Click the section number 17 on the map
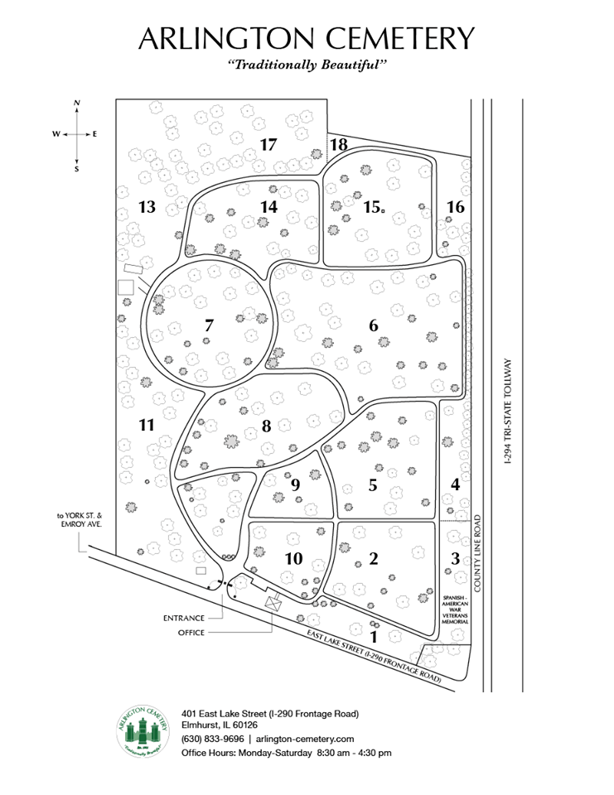click(268, 144)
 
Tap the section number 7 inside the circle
click(209, 325)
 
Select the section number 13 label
click(147, 207)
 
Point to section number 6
click(374, 325)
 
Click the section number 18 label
click(338, 144)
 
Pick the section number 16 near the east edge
click(455, 207)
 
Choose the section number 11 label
click(147, 425)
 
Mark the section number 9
click(295, 485)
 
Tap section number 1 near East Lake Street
click(374, 637)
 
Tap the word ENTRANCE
click(189, 618)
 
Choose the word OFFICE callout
click(191, 633)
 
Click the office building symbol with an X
click(273, 603)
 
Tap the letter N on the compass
click(77, 104)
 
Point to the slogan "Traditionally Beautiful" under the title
click(307, 64)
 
